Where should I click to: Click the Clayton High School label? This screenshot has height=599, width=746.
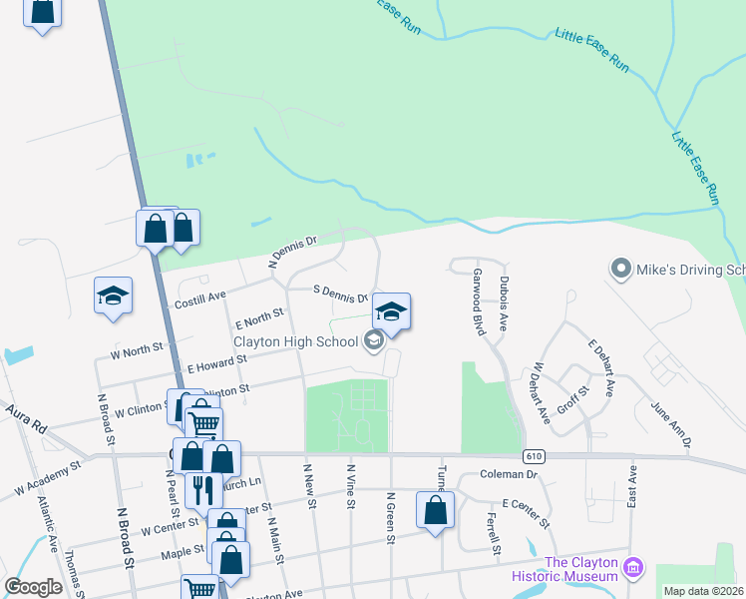[295, 342]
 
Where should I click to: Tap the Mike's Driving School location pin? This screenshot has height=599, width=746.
[620, 270]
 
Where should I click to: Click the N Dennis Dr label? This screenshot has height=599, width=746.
[292, 253]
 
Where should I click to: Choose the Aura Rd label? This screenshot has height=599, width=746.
[26, 418]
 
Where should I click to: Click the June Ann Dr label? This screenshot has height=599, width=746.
[670, 423]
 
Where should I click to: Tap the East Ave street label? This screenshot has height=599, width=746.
[632, 486]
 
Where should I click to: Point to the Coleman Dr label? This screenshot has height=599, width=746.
[509, 475]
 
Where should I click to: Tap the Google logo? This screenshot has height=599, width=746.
[33, 587]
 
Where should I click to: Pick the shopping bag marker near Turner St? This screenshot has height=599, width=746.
[436, 510]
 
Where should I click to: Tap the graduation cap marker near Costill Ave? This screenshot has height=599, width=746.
[114, 296]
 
